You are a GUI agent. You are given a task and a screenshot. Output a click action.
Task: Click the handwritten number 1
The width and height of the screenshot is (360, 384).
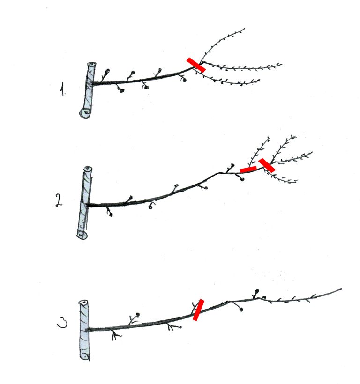coord(63,89)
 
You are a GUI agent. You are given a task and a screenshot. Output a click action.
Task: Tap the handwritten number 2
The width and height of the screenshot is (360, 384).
coord(59,200)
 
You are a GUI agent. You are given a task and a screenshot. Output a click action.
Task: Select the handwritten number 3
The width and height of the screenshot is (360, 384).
coord(62,323)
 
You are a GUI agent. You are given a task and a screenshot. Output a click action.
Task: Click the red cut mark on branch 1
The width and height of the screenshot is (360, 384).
coord(196,65)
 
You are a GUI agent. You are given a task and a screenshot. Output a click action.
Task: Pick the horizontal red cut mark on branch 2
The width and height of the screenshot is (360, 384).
coord(248,170)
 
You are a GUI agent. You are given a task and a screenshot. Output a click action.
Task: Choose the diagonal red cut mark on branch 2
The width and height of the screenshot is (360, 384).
coord(267,165)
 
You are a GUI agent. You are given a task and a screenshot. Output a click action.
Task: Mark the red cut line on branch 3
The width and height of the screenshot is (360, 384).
coord(198,310)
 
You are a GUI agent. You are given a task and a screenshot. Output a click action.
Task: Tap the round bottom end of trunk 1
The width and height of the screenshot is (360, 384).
coord(85,113)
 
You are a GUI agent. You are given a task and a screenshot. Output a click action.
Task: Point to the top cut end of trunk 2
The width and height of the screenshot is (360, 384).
coord(88,169)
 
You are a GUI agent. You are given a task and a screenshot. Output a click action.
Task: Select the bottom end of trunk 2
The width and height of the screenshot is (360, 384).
coord(82,235)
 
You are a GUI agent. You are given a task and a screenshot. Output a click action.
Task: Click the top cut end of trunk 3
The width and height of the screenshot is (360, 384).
coord(83,303)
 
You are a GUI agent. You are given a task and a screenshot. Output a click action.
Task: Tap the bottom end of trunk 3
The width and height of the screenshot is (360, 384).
coord(85,356)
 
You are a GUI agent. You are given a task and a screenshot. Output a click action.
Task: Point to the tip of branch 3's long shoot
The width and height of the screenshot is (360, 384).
coord(342,289)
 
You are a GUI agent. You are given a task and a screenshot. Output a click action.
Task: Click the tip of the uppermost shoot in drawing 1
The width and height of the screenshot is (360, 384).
coord(244,29)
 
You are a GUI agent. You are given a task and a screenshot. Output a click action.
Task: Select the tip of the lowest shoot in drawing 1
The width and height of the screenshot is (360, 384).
coord(260,79)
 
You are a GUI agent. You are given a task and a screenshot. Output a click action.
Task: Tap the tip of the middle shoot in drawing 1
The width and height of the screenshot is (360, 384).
coord(282,65)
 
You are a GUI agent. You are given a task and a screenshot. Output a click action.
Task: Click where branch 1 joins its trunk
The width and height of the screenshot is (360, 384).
coord(93,84)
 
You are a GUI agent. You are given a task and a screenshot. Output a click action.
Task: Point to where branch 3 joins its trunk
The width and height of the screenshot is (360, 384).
coord(88,330)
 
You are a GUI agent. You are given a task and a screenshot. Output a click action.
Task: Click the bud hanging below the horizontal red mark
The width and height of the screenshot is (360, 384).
coord(242,179)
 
